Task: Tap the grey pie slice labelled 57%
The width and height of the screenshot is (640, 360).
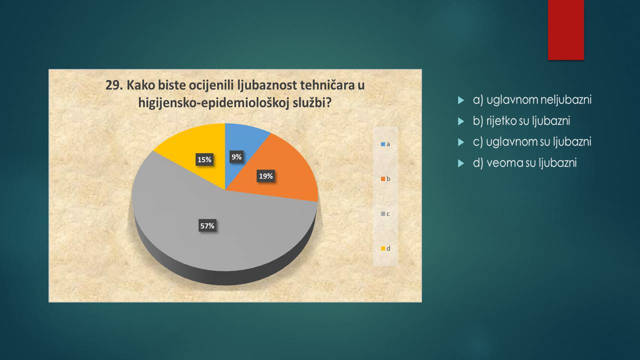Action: [217, 228]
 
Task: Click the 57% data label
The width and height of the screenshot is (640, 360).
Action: [207, 225]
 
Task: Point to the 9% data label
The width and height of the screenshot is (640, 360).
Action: [236, 157]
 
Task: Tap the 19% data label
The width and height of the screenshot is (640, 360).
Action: [265, 176]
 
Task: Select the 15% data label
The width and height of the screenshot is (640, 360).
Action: [204, 159]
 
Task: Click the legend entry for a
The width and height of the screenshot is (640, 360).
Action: [385, 144]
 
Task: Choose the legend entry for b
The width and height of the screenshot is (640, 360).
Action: [385, 179]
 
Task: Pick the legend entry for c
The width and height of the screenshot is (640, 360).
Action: [385, 214]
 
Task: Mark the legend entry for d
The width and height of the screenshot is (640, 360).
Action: [385, 248]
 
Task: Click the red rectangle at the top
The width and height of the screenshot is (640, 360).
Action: [565, 30]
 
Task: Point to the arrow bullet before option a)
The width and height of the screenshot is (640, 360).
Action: [461, 100]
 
